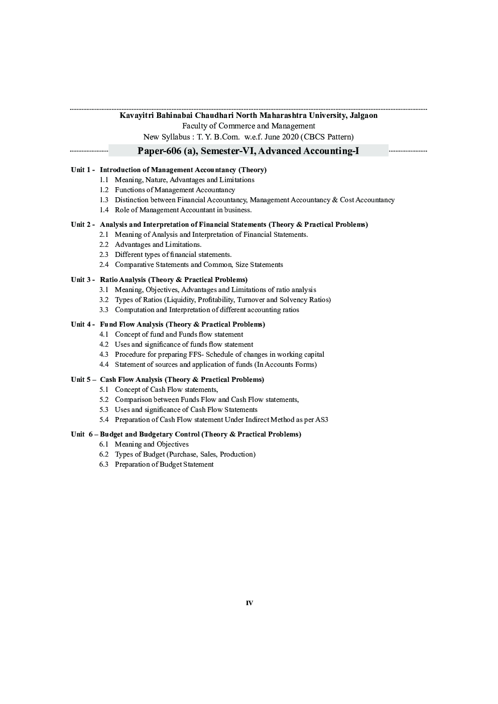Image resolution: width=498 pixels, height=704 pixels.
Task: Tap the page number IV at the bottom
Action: pyautogui.click(x=250, y=603)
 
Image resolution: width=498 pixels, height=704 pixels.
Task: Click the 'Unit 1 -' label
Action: pyautogui.click(x=83, y=170)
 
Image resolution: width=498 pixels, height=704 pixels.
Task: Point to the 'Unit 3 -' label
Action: pyautogui.click(x=83, y=280)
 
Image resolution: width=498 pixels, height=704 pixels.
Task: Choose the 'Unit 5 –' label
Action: pyautogui.click(x=83, y=380)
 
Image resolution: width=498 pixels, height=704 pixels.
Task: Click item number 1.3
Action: pyautogui.click(x=104, y=200)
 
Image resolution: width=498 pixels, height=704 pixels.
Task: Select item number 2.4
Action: pyautogui.click(x=104, y=265)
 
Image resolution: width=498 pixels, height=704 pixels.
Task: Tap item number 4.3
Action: pyautogui.click(x=104, y=355)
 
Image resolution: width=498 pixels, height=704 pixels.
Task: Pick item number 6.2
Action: pyautogui.click(x=104, y=455)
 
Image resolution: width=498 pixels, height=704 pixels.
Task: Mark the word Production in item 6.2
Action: pyautogui.click(x=237, y=455)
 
